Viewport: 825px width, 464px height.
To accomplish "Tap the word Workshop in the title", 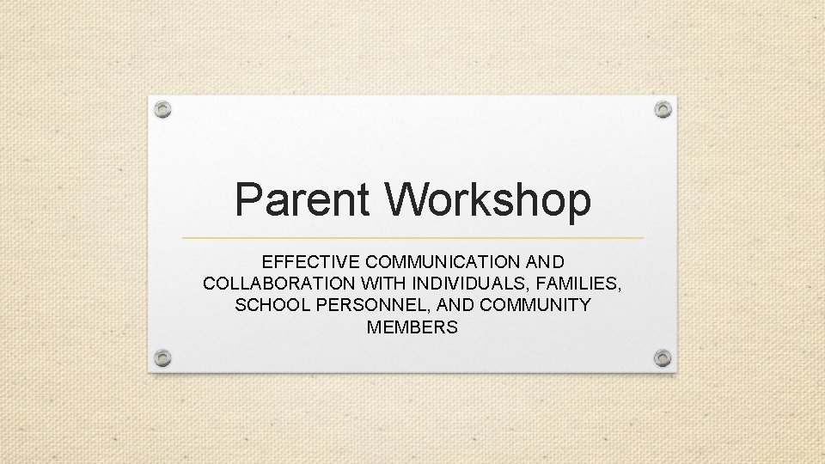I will [x=488, y=200].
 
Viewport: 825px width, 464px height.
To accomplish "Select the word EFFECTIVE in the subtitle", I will [x=310, y=260].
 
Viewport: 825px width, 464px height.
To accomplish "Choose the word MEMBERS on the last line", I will [x=412, y=327].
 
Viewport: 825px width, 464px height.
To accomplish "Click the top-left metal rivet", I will [x=164, y=110].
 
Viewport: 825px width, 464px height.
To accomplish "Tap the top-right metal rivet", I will [x=663, y=110].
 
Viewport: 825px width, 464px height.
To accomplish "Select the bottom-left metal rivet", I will [x=164, y=357].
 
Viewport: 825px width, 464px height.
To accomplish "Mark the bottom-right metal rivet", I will [x=663, y=357].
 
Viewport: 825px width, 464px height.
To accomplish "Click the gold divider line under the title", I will [x=412, y=237].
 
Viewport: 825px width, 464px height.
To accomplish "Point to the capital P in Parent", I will [x=248, y=200].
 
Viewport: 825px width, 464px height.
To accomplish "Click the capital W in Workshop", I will [x=406, y=200].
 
